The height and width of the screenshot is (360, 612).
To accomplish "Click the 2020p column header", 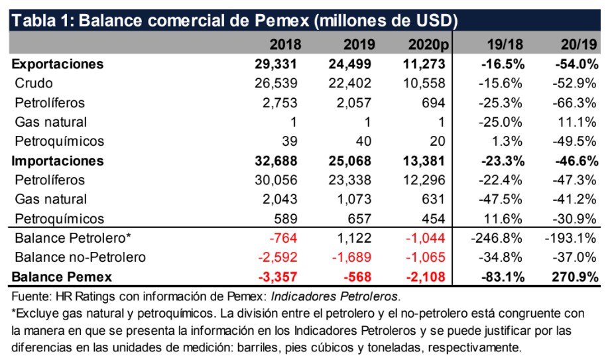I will click(x=425, y=44).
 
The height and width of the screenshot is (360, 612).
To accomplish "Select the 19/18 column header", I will click(x=506, y=44).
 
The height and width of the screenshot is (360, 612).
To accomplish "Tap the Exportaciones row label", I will click(x=58, y=64).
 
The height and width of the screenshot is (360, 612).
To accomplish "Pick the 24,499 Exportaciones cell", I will click(x=351, y=64).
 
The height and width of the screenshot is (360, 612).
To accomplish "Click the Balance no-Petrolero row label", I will click(x=79, y=257).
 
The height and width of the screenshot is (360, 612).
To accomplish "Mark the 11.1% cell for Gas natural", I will click(x=581, y=122).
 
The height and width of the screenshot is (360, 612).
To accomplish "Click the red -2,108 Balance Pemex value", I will click(x=427, y=276).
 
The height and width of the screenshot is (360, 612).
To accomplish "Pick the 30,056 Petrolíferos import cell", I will click(x=278, y=180).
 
